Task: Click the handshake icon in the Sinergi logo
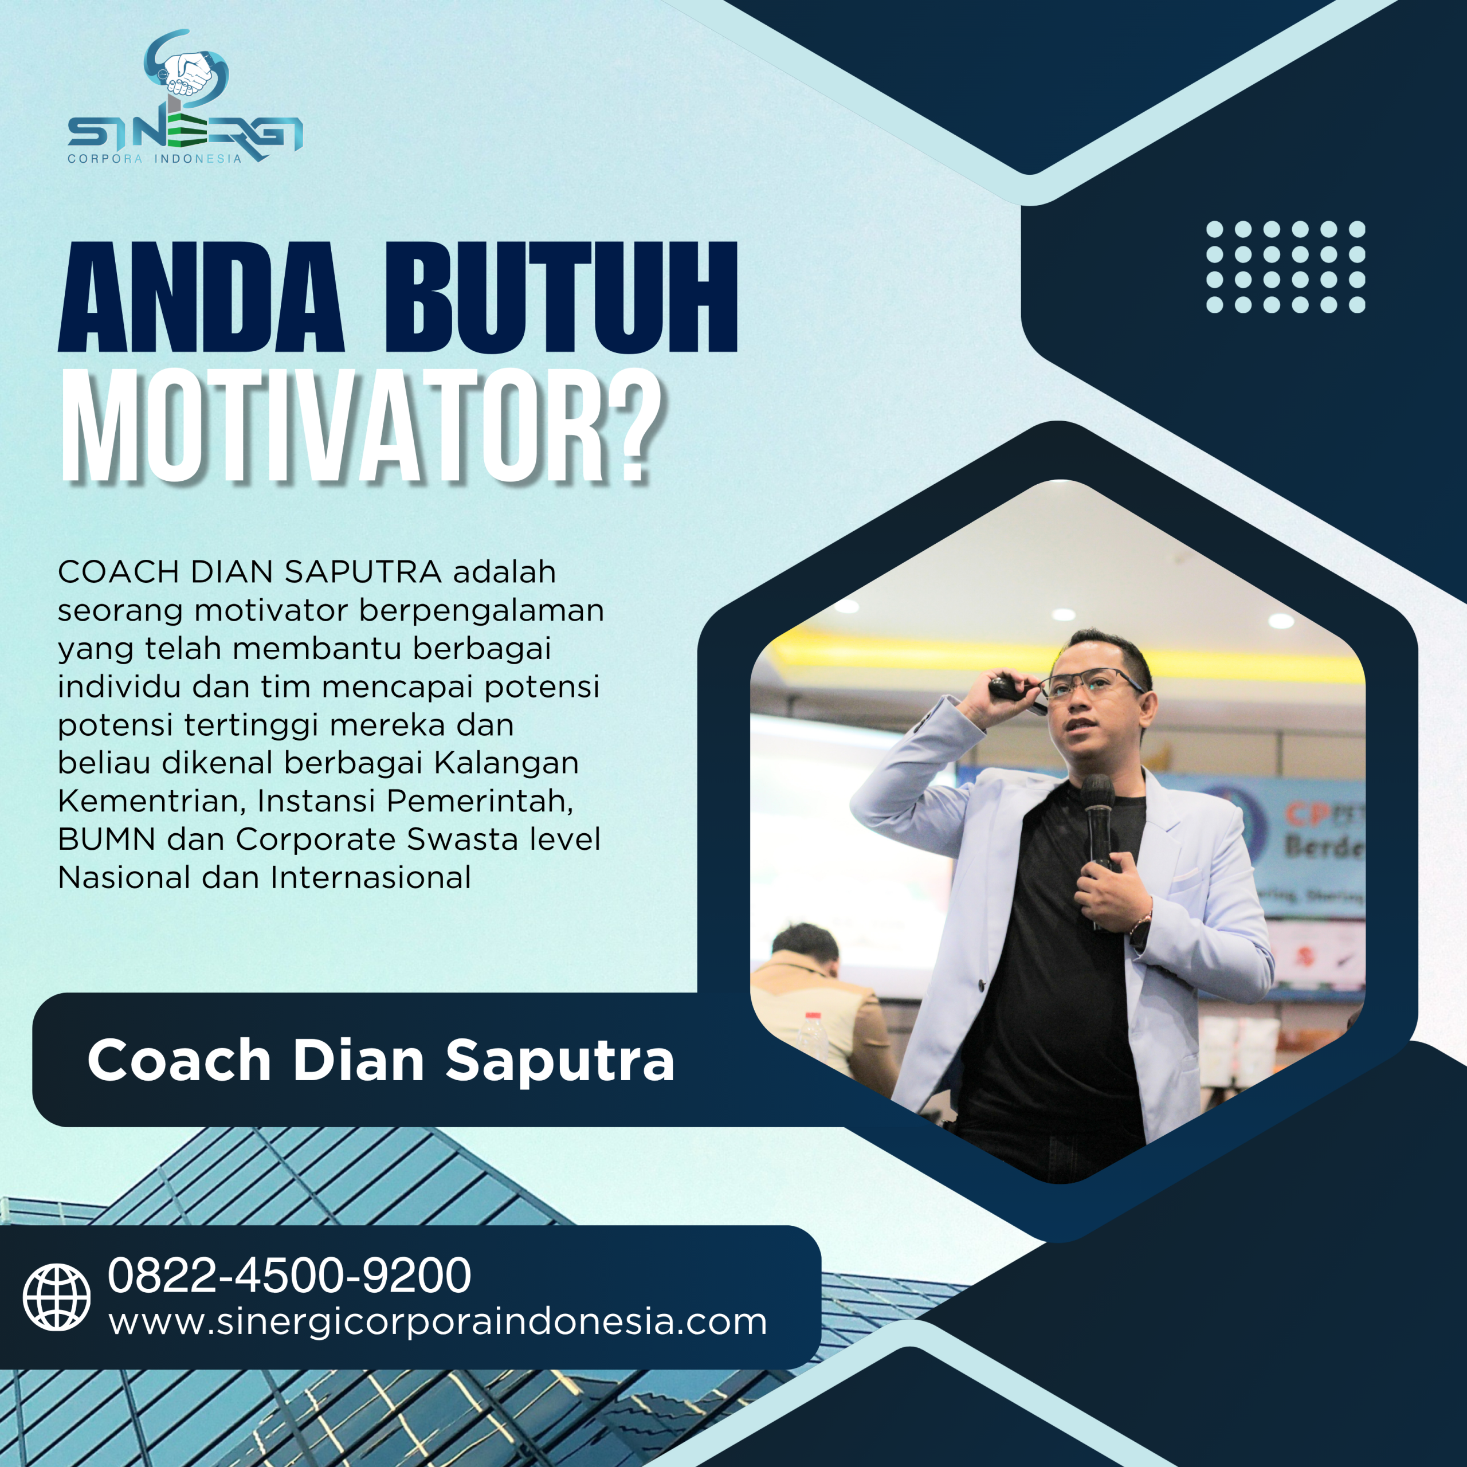point(187,74)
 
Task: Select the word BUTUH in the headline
point(561,297)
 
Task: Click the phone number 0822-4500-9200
point(289,1275)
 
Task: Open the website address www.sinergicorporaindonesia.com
point(437,1322)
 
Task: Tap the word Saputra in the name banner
point(560,1060)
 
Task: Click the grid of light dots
point(1285,266)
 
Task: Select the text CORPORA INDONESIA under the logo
point(154,159)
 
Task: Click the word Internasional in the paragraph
point(371,878)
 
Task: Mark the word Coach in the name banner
point(179,1060)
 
